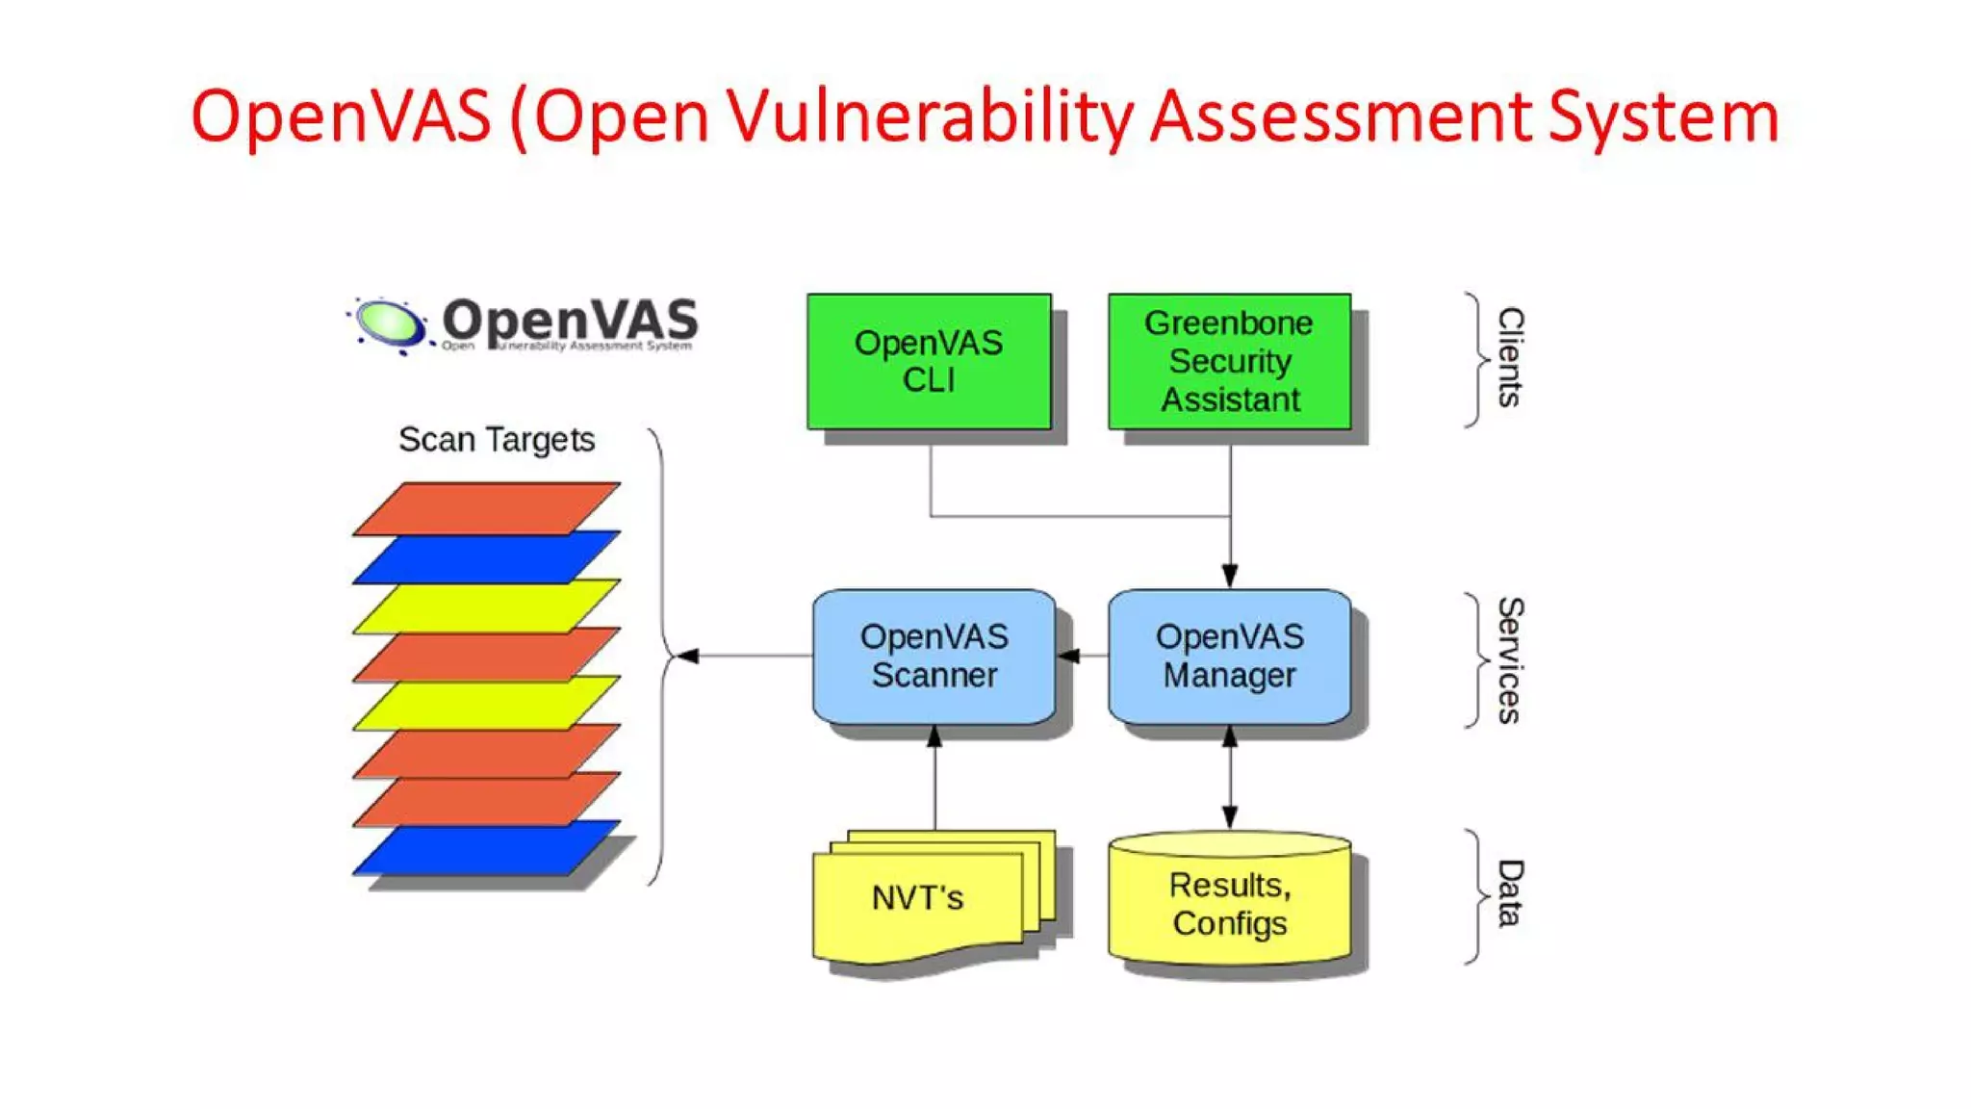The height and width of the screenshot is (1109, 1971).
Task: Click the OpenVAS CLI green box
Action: [x=929, y=361]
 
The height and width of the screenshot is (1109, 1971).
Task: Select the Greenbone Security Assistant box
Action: [x=1229, y=361]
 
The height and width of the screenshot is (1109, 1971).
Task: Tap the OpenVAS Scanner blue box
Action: [x=934, y=656]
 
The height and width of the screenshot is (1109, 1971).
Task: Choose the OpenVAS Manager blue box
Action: [x=1229, y=656]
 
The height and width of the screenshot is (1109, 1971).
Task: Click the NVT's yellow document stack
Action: [x=919, y=898]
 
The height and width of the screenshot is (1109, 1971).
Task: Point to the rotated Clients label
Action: [x=1510, y=357]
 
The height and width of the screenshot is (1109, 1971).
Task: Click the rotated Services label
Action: [x=1510, y=660]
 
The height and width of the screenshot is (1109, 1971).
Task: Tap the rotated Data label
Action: [x=1510, y=893]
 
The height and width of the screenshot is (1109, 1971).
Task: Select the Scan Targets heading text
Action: [x=497, y=440]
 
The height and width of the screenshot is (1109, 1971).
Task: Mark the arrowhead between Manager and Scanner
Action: [x=1068, y=656]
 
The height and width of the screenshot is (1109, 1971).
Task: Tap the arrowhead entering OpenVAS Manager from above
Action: [x=1229, y=576]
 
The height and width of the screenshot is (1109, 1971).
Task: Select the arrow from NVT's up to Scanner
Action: [x=934, y=780]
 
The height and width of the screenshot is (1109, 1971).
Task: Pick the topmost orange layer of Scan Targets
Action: [x=486, y=507]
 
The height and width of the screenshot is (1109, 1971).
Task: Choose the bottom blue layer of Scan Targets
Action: [x=486, y=848]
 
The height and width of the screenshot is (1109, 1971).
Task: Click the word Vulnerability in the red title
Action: [x=930, y=117]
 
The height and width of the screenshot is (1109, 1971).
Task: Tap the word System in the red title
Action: [x=1663, y=117]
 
